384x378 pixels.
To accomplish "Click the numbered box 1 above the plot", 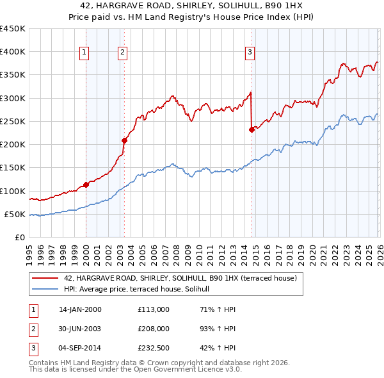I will (85, 53).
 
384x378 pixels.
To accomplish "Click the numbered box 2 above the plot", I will (122, 53).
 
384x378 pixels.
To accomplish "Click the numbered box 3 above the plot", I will (250, 53).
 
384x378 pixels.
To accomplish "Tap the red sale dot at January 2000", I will (86, 185).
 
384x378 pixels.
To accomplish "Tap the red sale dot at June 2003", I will (124, 141).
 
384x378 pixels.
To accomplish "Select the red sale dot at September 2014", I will (252, 129).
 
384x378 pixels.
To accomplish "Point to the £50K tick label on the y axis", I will (15, 215).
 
